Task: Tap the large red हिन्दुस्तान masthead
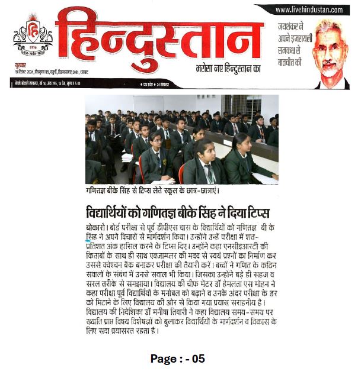[x=159, y=36]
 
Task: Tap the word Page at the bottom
[x=163, y=358]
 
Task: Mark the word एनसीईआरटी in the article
[x=243, y=245]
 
